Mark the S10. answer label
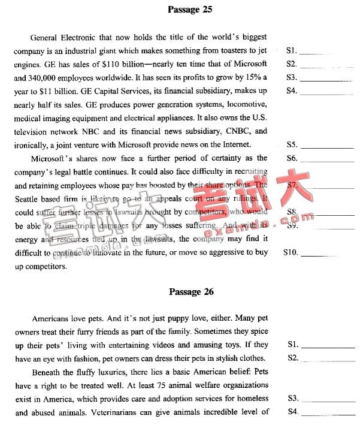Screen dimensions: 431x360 291,253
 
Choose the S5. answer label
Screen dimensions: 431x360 292,145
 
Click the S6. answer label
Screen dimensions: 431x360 292,158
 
